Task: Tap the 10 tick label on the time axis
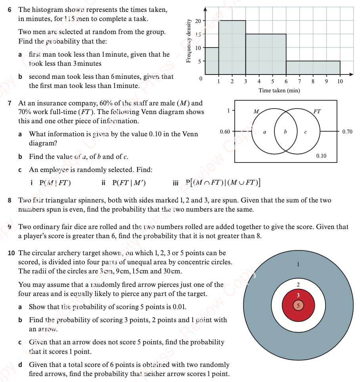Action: click(340, 81)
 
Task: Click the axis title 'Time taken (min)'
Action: click(279, 91)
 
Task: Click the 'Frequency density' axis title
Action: click(189, 41)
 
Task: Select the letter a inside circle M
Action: click(264, 132)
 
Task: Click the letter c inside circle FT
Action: click(305, 132)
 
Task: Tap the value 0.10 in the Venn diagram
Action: click(321, 156)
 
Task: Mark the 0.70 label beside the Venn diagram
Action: click(347, 132)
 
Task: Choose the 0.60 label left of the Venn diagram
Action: click(225, 132)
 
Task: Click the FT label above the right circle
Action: click(317, 112)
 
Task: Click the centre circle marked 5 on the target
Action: click(298, 306)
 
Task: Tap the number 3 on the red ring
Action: click(298, 295)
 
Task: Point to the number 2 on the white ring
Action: click(298, 285)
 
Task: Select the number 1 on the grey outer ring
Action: click(298, 264)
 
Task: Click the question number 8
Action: click(10, 201)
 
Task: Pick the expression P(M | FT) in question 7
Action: click(55, 183)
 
